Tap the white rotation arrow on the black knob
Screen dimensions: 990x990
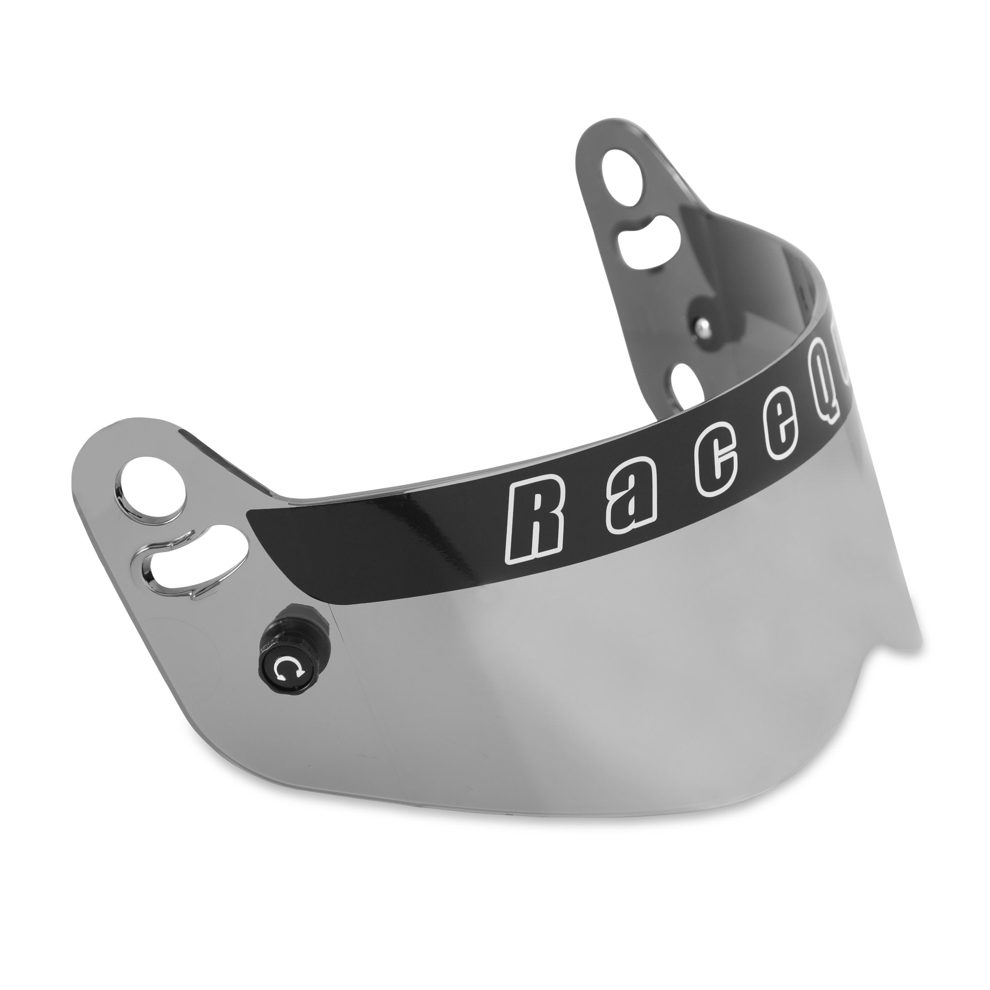(285, 668)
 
